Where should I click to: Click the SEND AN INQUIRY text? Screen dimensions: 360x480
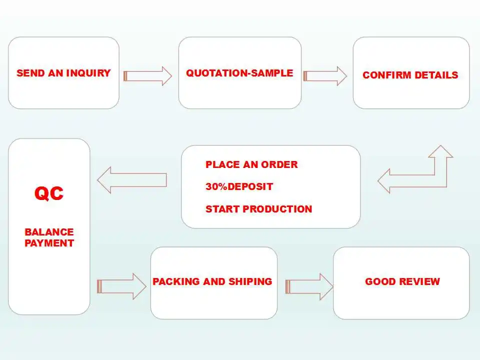[x=63, y=73]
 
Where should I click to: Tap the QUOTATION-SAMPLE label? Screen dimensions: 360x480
[x=239, y=73]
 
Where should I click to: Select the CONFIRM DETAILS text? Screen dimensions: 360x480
[x=410, y=75]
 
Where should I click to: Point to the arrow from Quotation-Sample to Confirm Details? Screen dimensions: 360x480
[x=325, y=76]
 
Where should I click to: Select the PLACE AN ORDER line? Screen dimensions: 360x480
[x=251, y=164]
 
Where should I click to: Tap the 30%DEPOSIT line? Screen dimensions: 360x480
[x=239, y=186]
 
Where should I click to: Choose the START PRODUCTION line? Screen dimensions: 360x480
[x=258, y=209]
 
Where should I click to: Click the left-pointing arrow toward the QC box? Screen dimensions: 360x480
[x=131, y=180]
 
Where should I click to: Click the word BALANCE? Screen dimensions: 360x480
[x=49, y=232]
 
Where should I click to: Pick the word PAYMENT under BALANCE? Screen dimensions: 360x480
[x=49, y=243]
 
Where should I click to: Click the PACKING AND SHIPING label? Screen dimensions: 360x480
[x=212, y=281]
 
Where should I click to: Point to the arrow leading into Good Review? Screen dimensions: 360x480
[x=309, y=286]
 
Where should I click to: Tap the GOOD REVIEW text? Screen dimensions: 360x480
[x=402, y=281]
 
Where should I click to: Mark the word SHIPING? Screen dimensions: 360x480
[x=253, y=281]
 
